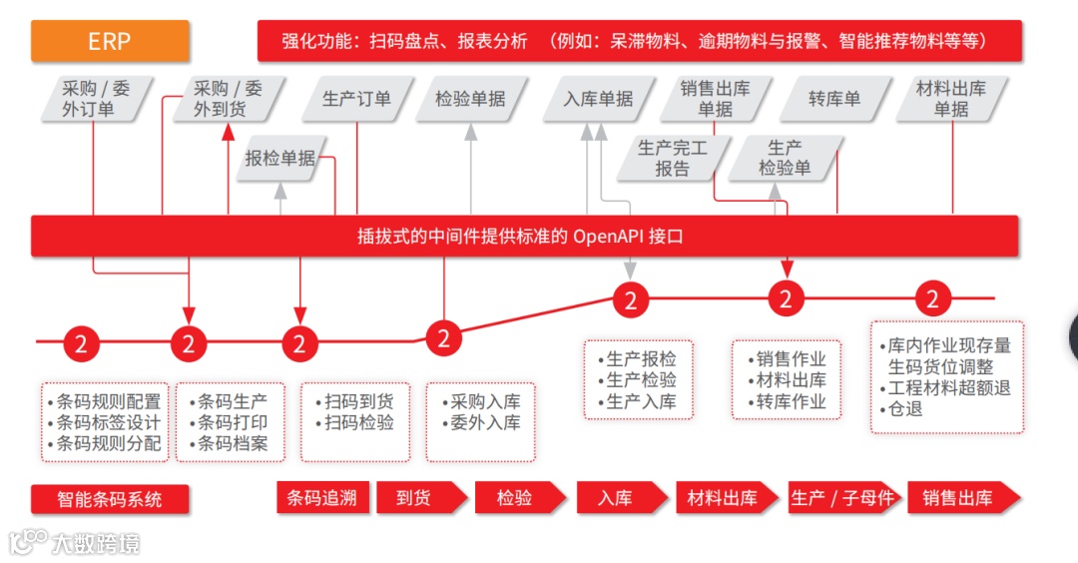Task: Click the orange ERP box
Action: [x=110, y=42]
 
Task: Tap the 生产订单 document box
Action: [x=356, y=99]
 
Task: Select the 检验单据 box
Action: [x=470, y=99]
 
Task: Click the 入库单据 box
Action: [x=598, y=99]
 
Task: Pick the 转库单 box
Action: [x=834, y=99]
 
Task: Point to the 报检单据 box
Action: [x=280, y=158]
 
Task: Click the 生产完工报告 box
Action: [x=673, y=159]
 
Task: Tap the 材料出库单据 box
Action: [x=951, y=99]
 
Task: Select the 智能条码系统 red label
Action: [x=110, y=498]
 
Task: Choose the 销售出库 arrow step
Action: [x=957, y=497]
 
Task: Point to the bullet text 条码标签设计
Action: [x=108, y=422]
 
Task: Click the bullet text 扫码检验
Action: [x=359, y=422]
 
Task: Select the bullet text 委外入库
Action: [x=485, y=422]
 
